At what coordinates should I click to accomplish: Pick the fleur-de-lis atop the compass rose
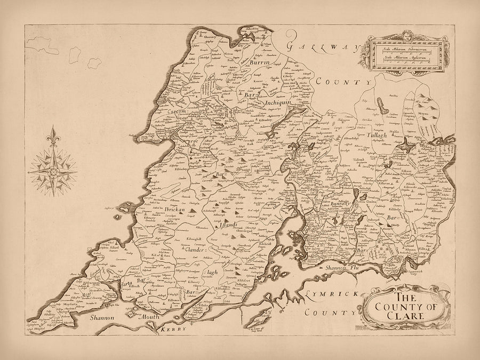(x=53, y=133)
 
